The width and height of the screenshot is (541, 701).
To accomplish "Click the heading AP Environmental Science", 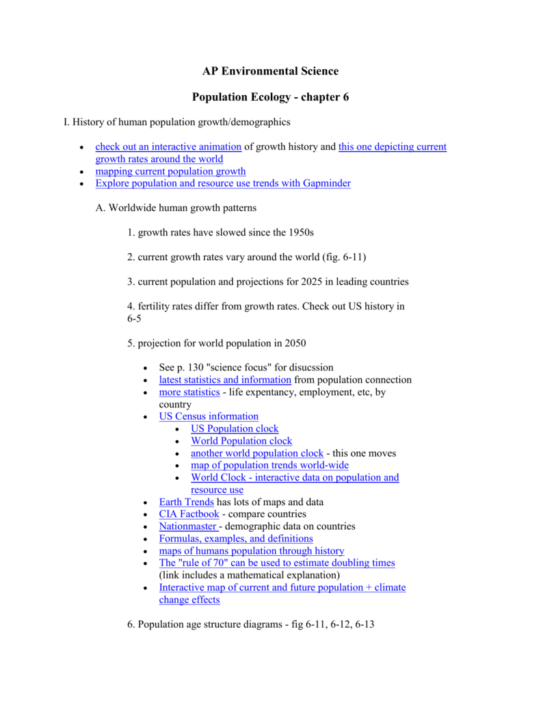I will point(270,71).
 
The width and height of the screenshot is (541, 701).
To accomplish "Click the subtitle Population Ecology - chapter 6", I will point(270,97).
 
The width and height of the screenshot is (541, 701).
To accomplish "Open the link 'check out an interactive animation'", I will point(168,146).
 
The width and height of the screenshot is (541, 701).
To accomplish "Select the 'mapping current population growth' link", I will point(170,171).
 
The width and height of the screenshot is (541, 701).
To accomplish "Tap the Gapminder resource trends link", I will point(223,183).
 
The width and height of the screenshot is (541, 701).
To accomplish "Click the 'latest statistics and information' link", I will point(225,379).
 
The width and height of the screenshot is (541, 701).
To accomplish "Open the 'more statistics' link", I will point(189,392).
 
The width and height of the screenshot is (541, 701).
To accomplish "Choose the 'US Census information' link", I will point(209,416).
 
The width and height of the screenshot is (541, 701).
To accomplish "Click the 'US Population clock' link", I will point(235,429).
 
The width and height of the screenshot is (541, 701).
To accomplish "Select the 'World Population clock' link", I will point(241,441).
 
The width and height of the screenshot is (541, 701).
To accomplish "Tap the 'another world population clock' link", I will point(257,453).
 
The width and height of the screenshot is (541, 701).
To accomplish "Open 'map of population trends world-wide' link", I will point(269,466).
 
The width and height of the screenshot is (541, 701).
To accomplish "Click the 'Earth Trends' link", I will point(186,502).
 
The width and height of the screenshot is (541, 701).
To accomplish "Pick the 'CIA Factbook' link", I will point(189,514).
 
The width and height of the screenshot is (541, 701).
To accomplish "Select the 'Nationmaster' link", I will point(187,526).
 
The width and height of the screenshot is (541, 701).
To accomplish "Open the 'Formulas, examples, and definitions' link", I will point(236,539).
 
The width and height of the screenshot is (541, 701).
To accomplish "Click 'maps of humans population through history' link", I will point(252,551).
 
